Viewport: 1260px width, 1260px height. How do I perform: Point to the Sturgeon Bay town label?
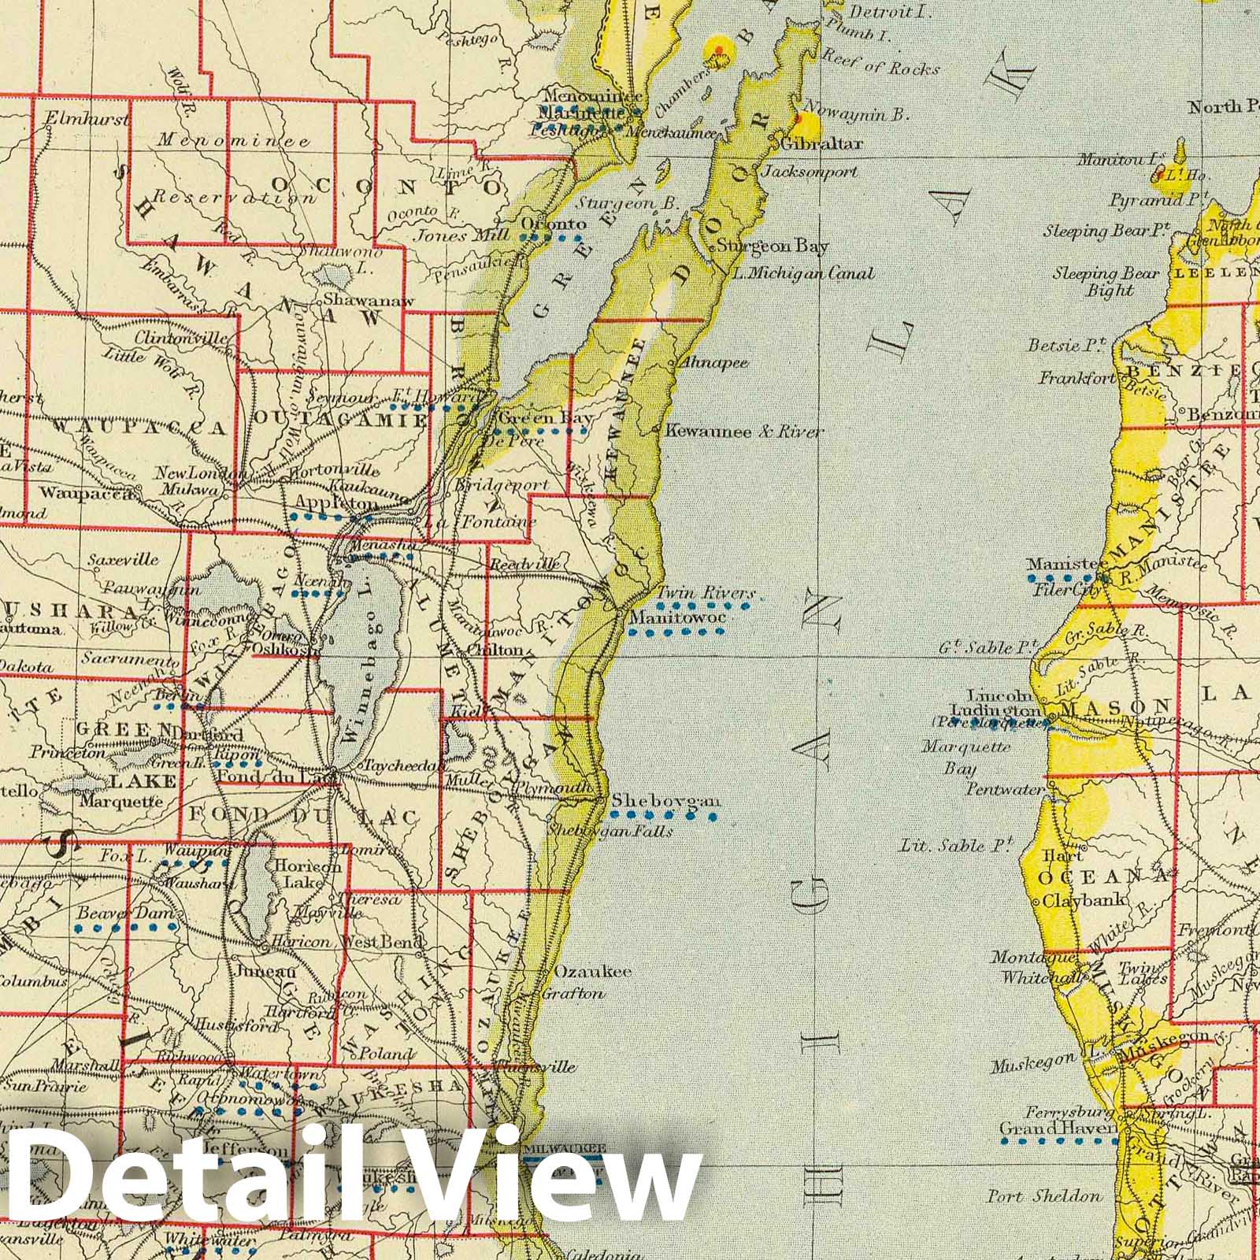773,246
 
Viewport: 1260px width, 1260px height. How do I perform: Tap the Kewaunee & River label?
744,432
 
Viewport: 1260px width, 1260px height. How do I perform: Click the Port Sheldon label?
1045,1196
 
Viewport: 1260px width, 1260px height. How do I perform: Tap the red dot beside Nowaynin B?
799,119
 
